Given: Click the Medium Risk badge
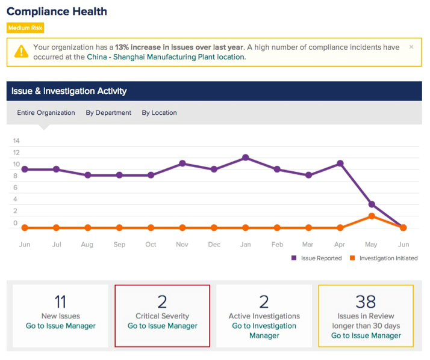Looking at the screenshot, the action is click(x=25, y=28).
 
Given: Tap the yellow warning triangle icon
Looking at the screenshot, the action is click(x=21, y=52).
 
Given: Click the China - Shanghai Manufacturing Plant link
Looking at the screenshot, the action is click(x=166, y=57).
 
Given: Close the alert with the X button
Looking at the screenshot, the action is click(x=411, y=47).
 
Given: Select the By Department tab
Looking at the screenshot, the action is click(x=108, y=113).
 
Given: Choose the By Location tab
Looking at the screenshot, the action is click(x=159, y=113).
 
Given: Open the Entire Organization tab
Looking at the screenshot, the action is click(x=46, y=113).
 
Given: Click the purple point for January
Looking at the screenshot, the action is click(x=246, y=157).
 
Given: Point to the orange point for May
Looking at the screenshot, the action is click(x=372, y=216).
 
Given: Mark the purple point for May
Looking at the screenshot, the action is click(x=372, y=204).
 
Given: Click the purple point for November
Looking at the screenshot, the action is click(x=182, y=163).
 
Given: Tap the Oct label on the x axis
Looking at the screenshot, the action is click(x=151, y=245).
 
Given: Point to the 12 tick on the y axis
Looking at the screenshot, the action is click(x=16, y=153).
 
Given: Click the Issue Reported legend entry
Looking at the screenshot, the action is click(x=316, y=258).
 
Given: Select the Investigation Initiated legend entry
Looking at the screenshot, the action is click(x=384, y=258).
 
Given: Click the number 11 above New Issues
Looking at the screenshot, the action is click(x=60, y=302).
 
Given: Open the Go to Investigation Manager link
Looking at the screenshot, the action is click(x=264, y=331).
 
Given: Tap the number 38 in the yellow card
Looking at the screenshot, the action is click(x=366, y=302).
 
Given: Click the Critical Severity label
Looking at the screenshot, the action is click(x=163, y=316).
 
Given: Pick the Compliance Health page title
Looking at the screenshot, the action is click(x=57, y=11).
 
